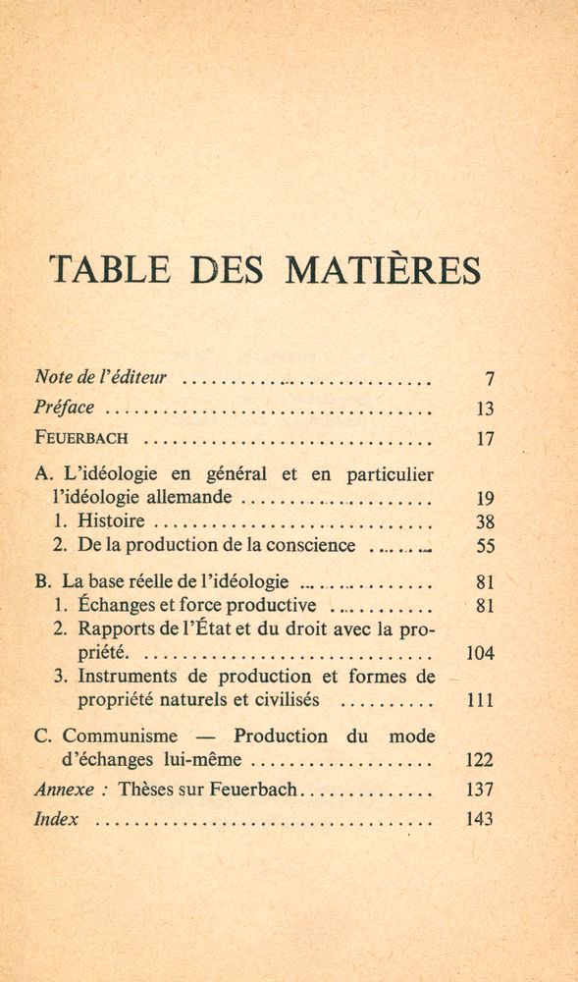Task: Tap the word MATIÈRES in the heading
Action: pos(384,270)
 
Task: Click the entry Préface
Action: pos(65,409)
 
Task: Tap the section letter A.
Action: pos(40,474)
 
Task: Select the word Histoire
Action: pos(114,521)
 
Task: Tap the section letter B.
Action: pos(40,581)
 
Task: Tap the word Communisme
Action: pos(120,736)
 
